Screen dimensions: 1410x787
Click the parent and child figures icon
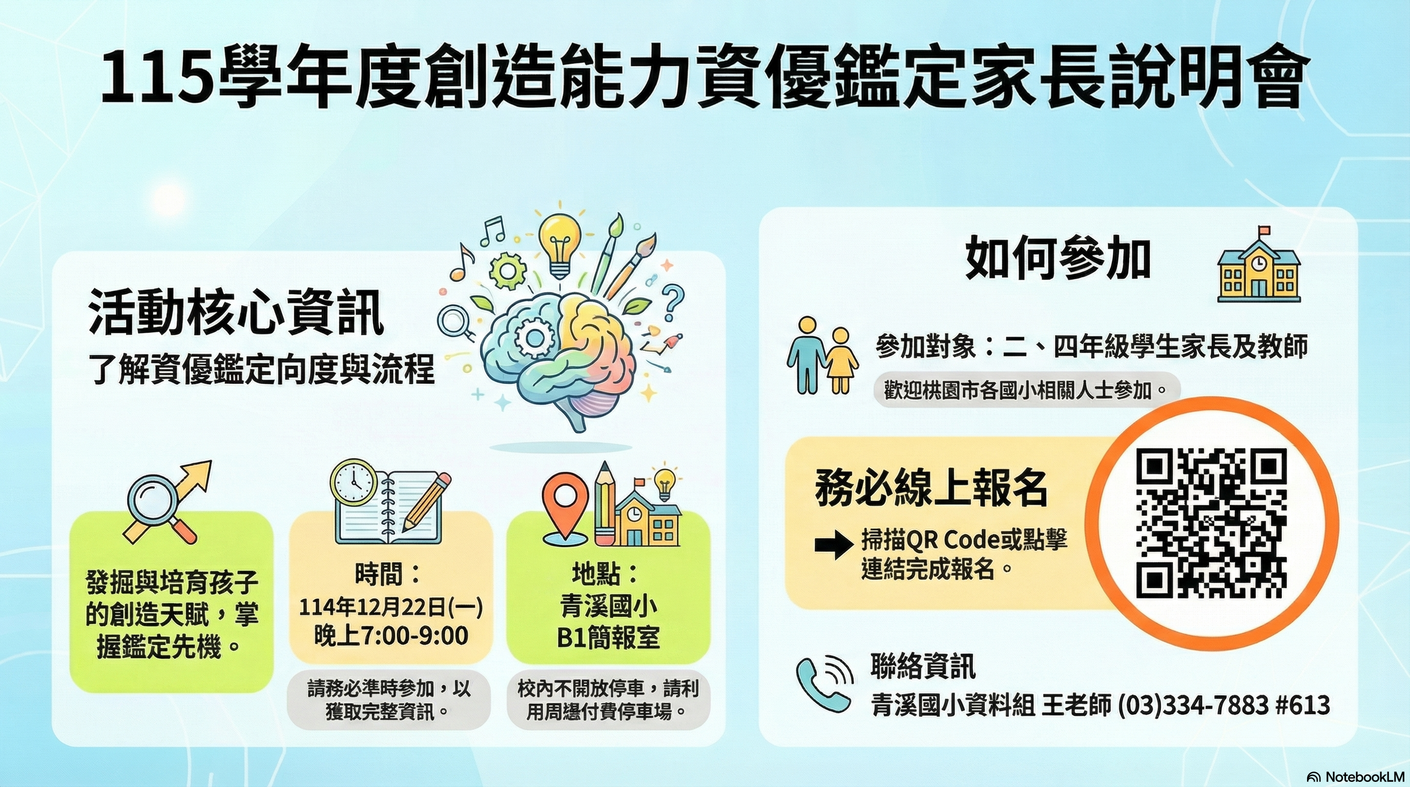pyautogui.click(x=822, y=355)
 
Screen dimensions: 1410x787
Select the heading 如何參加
pyautogui.click(x=1057, y=259)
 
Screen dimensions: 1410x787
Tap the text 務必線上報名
pyautogui.click(x=931, y=487)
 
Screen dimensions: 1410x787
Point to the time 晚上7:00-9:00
pyautogui.click(x=391, y=635)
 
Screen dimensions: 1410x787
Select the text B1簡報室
pyautogui.click(x=608, y=637)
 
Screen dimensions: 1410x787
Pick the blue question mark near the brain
pyautogui.click(x=673, y=304)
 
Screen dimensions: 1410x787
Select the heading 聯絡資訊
pyautogui.click(x=923, y=667)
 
